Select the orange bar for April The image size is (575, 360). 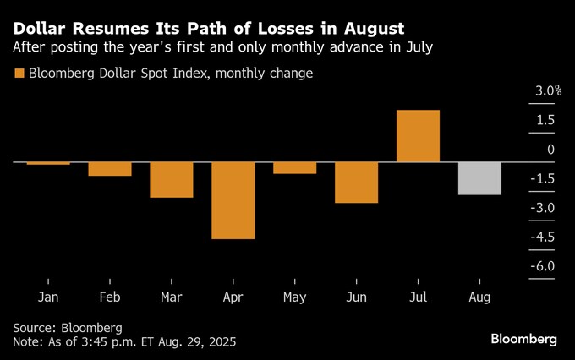[233, 200]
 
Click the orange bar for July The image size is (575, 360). [418, 136]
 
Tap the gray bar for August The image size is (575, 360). [479, 178]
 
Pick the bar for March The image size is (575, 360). [172, 180]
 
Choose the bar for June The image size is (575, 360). [356, 183]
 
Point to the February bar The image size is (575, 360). [110, 169]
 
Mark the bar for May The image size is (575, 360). [294, 168]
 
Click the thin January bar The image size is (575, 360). [48, 163]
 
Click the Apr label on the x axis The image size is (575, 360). [233, 297]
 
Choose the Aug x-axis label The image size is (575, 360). [479, 297]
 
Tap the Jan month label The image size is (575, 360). [48, 297]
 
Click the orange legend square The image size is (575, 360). [19, 74]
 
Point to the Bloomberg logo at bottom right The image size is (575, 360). [524, 339]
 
